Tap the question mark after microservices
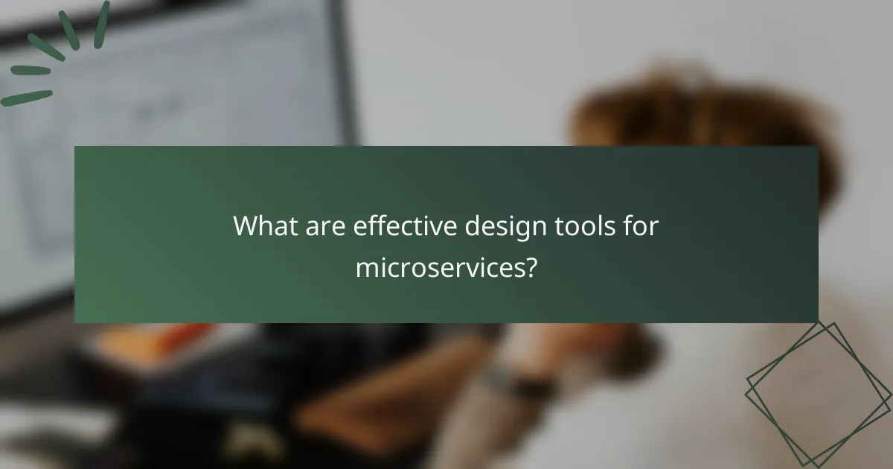click(x=529, y=267)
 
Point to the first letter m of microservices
click(x=365, y=268)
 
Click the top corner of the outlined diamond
click(x=835, y=324)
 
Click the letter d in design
click(x=473, y=226)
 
